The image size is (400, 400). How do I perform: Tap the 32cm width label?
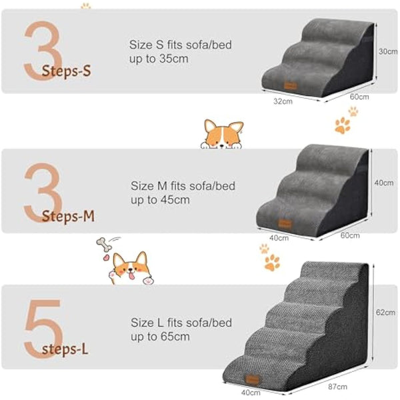tap(283, 101)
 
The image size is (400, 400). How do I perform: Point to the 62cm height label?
tap(385, 312)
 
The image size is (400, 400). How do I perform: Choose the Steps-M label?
tap(68, 216)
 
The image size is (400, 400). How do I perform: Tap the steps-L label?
tap(67, 349)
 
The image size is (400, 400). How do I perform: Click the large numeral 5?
tap(41, 327)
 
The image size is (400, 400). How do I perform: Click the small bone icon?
tap(105, 245)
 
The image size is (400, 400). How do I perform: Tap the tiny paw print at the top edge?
tap(85, 5)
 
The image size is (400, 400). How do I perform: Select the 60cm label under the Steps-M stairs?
tap(350, 235)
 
